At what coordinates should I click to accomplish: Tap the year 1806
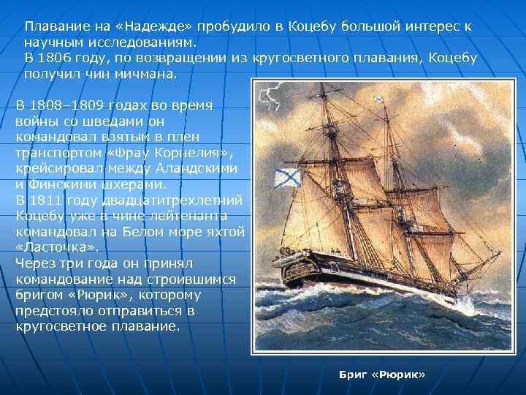(61, 58)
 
